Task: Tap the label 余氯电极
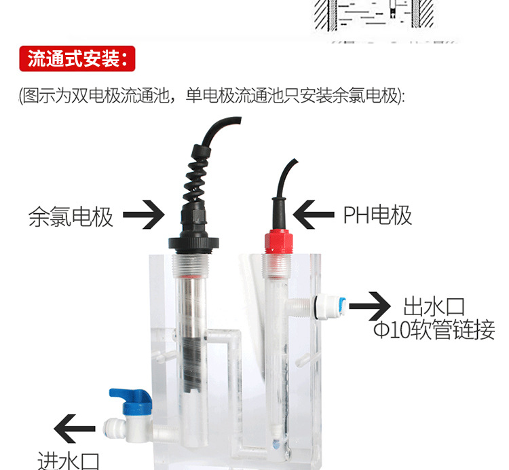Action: click(71, 217)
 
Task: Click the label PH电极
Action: click(377, 215)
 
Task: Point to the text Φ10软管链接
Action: click(434, 331)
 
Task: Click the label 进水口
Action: click(69, 460)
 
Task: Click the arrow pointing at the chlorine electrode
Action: click(144, 216)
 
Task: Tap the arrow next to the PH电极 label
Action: click(314, 215)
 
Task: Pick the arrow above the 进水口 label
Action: click(74, 429)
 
